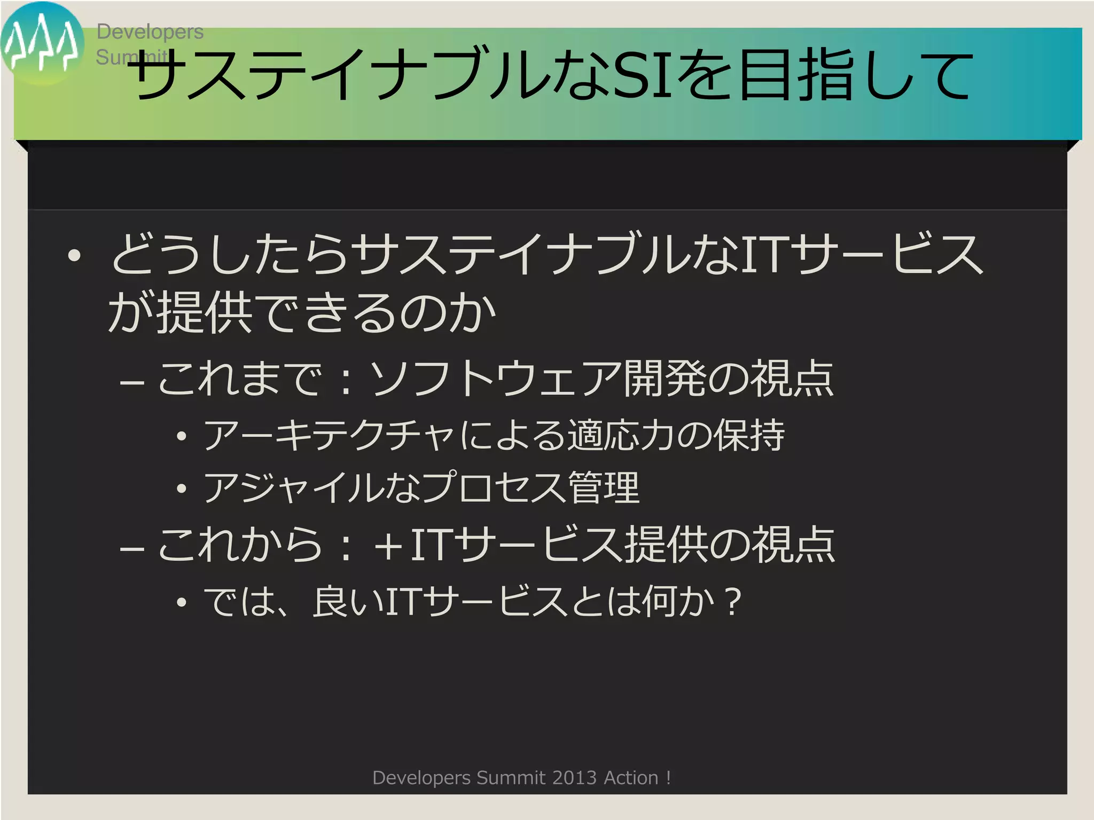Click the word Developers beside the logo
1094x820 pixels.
pos(150,32)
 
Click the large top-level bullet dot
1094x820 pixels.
pos(74,256)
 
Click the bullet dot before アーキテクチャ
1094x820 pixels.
pos(182,437)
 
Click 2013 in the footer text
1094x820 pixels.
pos(574,778)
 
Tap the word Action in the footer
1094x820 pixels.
pos(631,778)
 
